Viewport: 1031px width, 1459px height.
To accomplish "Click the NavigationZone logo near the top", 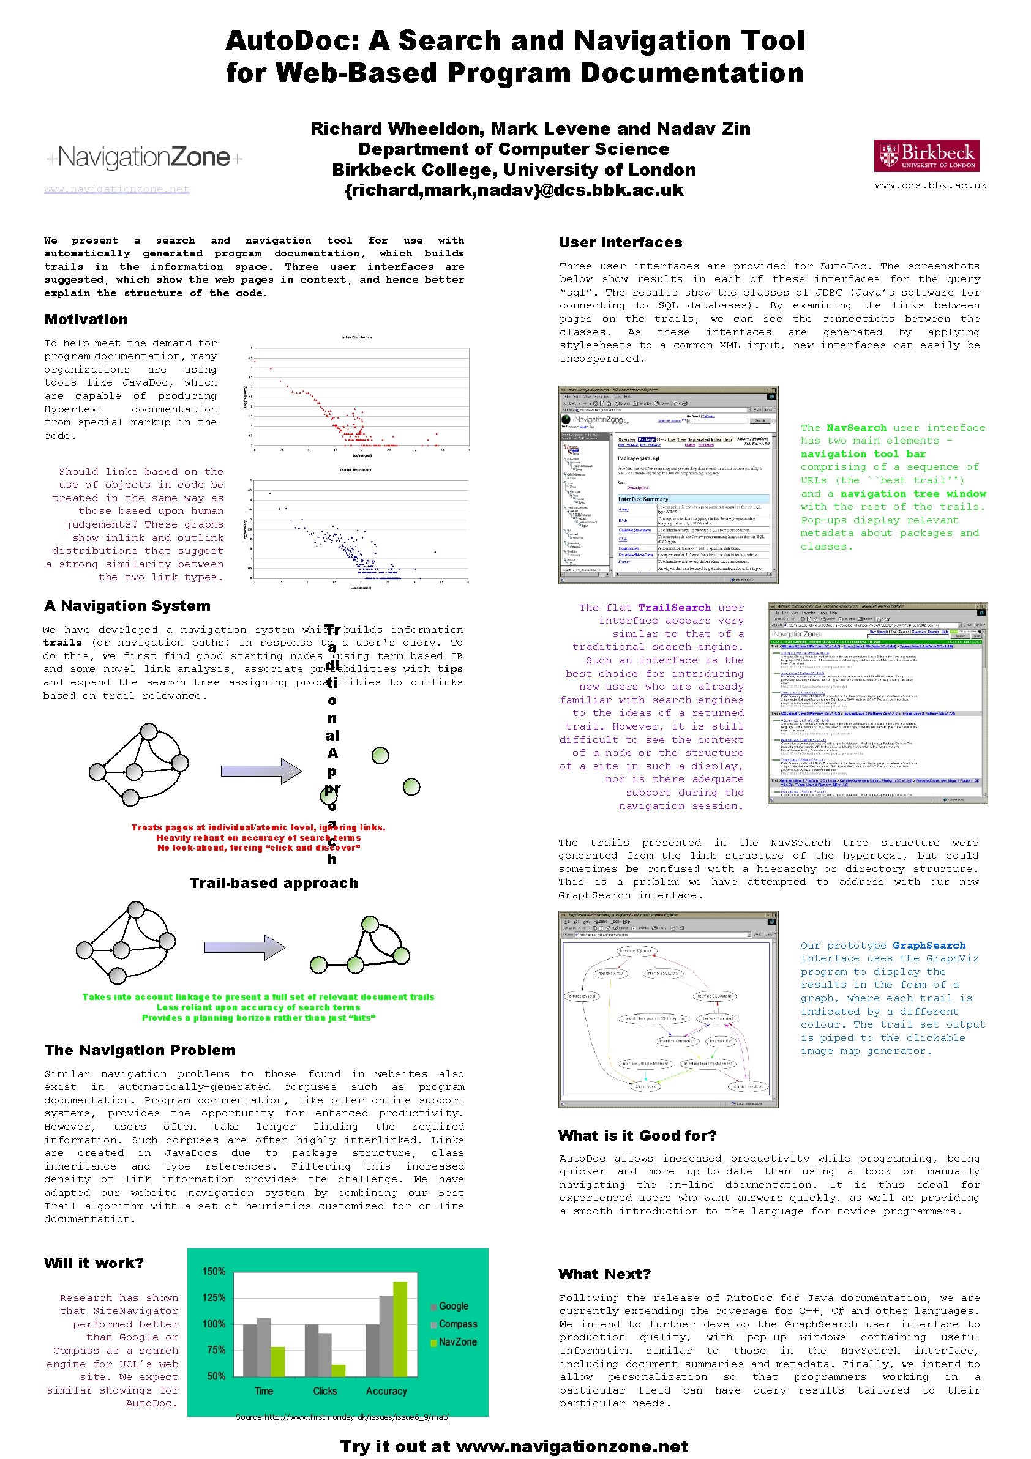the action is (144, 157).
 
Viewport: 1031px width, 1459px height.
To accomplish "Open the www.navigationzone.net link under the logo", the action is (117, 189).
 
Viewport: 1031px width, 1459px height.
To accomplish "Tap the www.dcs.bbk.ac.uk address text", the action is (931, 185).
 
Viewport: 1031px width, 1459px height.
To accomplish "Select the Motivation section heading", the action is (86, 319).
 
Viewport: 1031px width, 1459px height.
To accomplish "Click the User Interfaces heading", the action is (620, 242).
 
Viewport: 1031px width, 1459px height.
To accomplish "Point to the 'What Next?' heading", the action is (604, 1274).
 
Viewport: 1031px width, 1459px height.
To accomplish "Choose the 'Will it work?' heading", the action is (94, 1263).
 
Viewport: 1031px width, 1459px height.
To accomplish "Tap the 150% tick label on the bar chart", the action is (214, 1272).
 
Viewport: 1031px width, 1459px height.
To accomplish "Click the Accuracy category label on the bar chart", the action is (386, 1391).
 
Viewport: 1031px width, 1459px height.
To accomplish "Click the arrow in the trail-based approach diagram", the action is (244, 947).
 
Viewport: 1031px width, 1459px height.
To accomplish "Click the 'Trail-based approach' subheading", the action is (273, 883).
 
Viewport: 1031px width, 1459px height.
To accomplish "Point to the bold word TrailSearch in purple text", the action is (675, 608).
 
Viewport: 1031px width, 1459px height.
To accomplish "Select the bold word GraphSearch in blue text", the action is (929, 946).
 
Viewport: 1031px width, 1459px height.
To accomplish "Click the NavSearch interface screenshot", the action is (667, 484).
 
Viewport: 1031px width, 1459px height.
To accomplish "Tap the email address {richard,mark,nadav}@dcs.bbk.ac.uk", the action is (514, 190).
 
